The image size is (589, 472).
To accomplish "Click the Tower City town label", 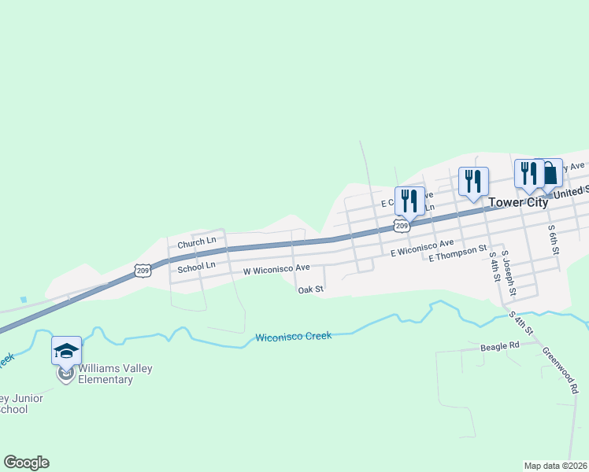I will (x=517, y=202).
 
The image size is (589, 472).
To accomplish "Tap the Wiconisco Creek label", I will (x=293, y=337).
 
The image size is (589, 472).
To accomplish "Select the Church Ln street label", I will (x=196, y=242).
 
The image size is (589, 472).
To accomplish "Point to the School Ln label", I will (x=196, y=267).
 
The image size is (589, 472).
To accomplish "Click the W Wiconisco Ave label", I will (x=276, y=268).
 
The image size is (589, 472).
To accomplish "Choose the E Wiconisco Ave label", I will (x=423, y=248).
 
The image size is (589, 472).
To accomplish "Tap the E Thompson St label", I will (x=458, y=253).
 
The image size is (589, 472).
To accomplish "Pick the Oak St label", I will (x=310, y=289).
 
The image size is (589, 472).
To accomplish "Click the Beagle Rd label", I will (x=500, y=346).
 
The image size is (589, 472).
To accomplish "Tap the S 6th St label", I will (x=554, y=239).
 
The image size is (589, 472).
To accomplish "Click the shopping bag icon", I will (x=550, y=173).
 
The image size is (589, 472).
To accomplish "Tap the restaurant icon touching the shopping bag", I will (x=528, y=173).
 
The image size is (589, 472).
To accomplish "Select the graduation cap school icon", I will (x=67, y=349).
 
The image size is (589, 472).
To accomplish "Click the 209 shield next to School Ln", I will (x=143, y=271).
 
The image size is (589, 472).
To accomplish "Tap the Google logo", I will (x=26, y=463).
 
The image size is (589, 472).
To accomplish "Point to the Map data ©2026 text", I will (x=556, y=466).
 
